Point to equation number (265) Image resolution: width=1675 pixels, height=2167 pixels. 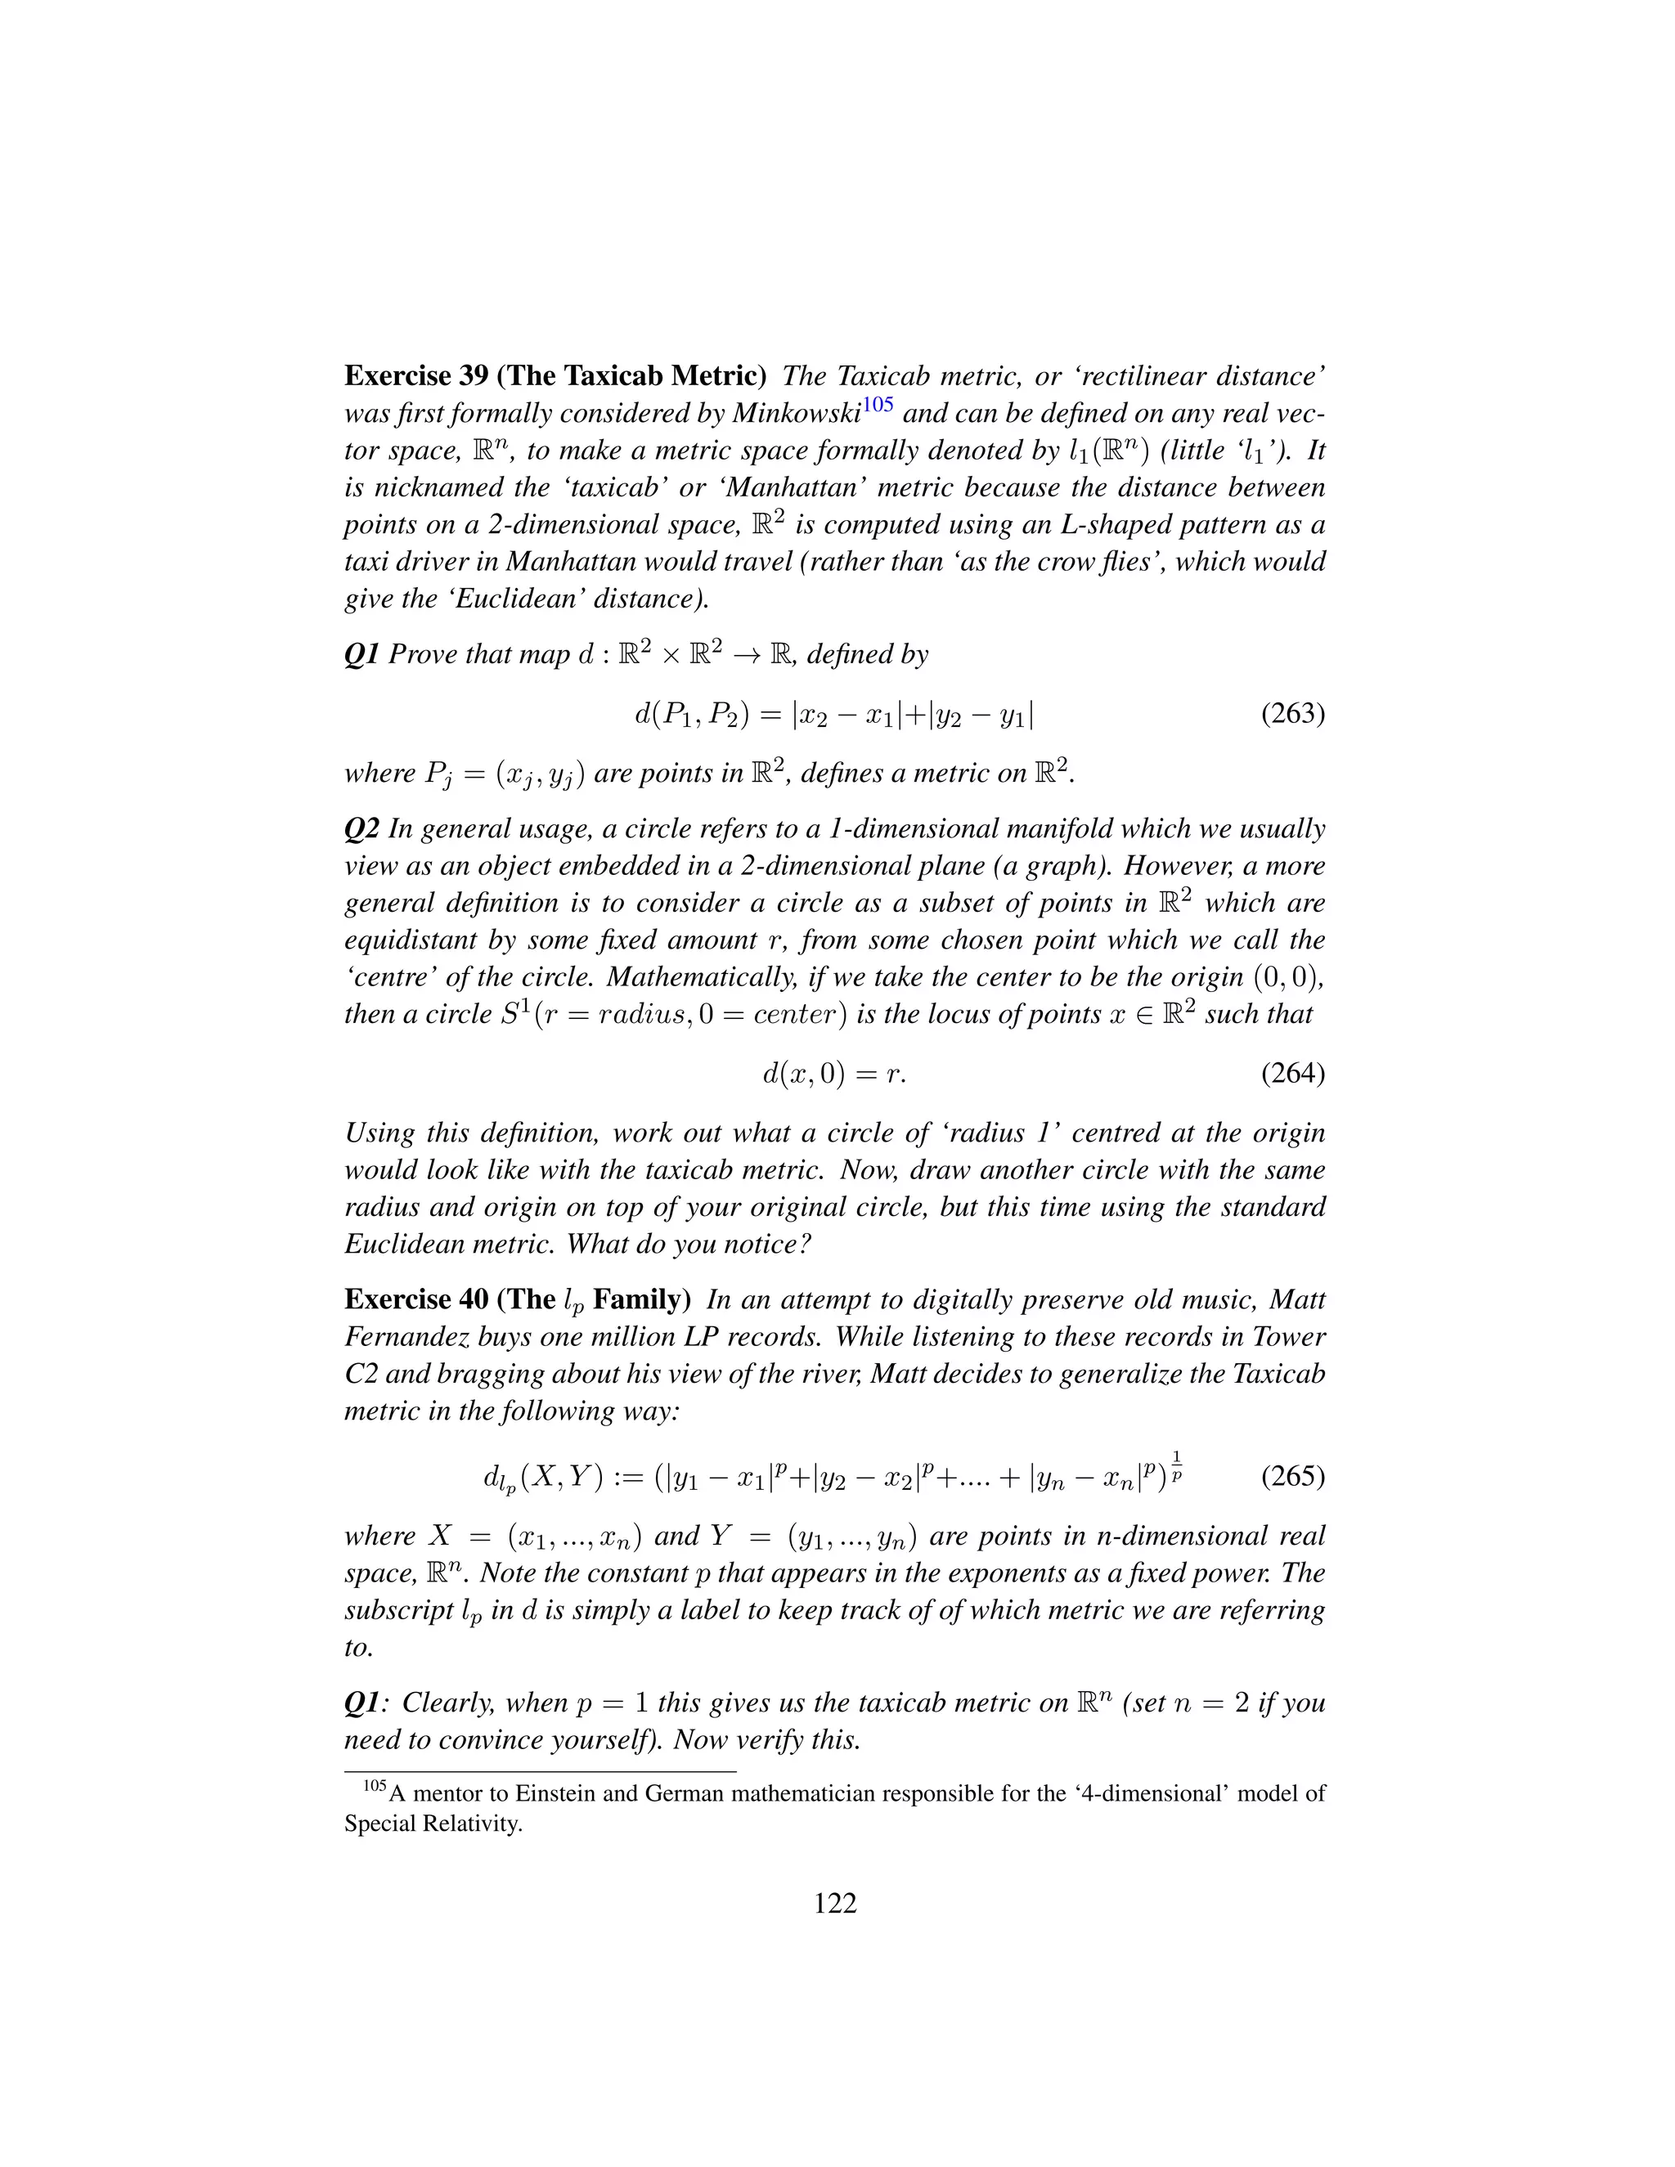[1292, 1475]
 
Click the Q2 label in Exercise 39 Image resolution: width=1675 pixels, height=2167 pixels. [361, 828]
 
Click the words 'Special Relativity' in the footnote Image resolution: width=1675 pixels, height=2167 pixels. [433, 1824]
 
